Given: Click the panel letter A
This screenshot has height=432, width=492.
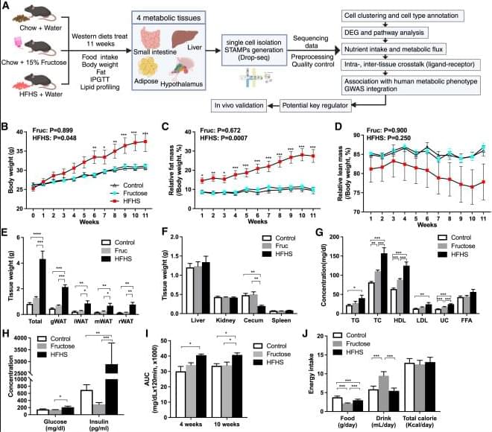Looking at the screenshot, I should pos(7,7).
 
